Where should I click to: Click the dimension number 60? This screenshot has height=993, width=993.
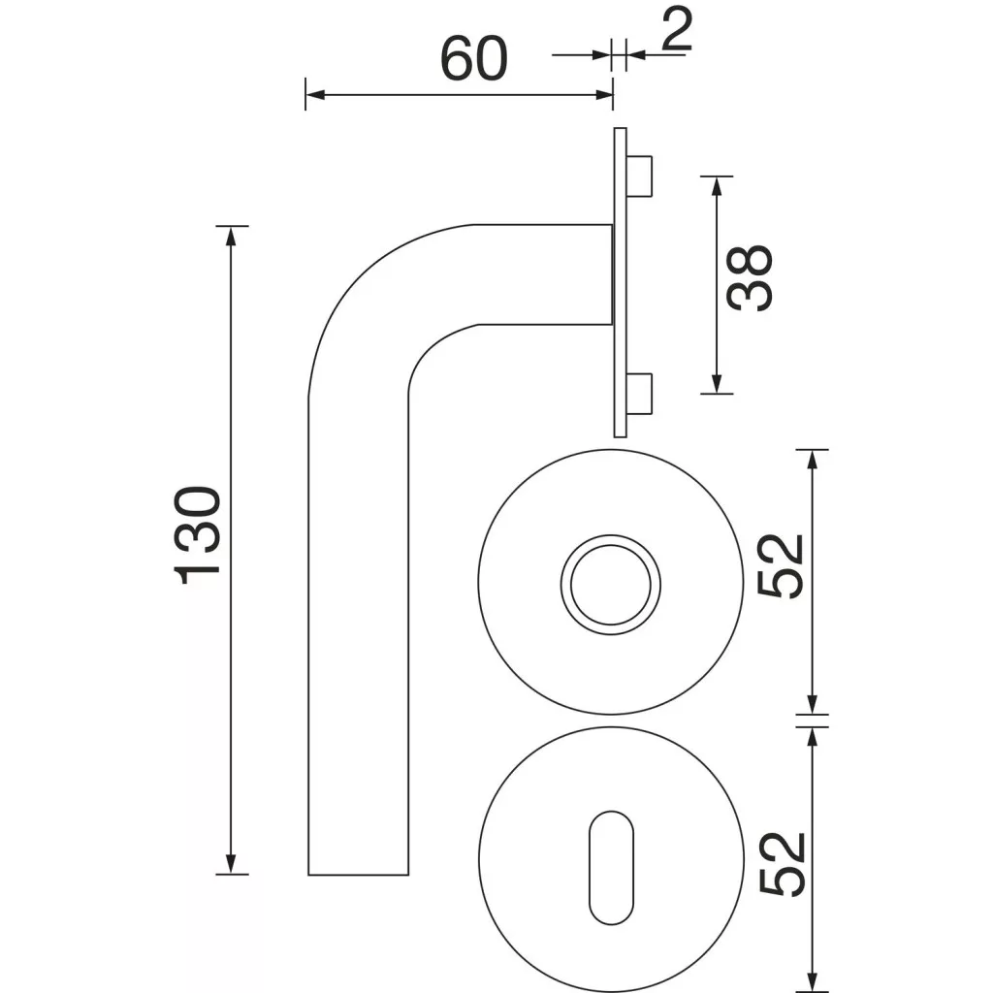[x=473, y=58]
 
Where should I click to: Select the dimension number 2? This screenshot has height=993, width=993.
[x=676, y=29]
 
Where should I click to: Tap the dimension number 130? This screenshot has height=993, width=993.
[x=197, y=535]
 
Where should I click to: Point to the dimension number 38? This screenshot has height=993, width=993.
[x=750, y=278]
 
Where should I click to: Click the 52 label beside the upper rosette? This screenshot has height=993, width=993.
[x=781, y=566]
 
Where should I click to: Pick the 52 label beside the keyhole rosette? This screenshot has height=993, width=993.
[x=782, y=864]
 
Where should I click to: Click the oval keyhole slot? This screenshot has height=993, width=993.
[x=611, y=868]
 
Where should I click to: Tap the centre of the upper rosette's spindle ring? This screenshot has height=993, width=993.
[x=611, y=585]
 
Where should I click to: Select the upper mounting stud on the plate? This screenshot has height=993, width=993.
[x=640, y=176]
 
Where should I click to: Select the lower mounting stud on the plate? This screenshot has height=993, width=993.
[x=640, y=394]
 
